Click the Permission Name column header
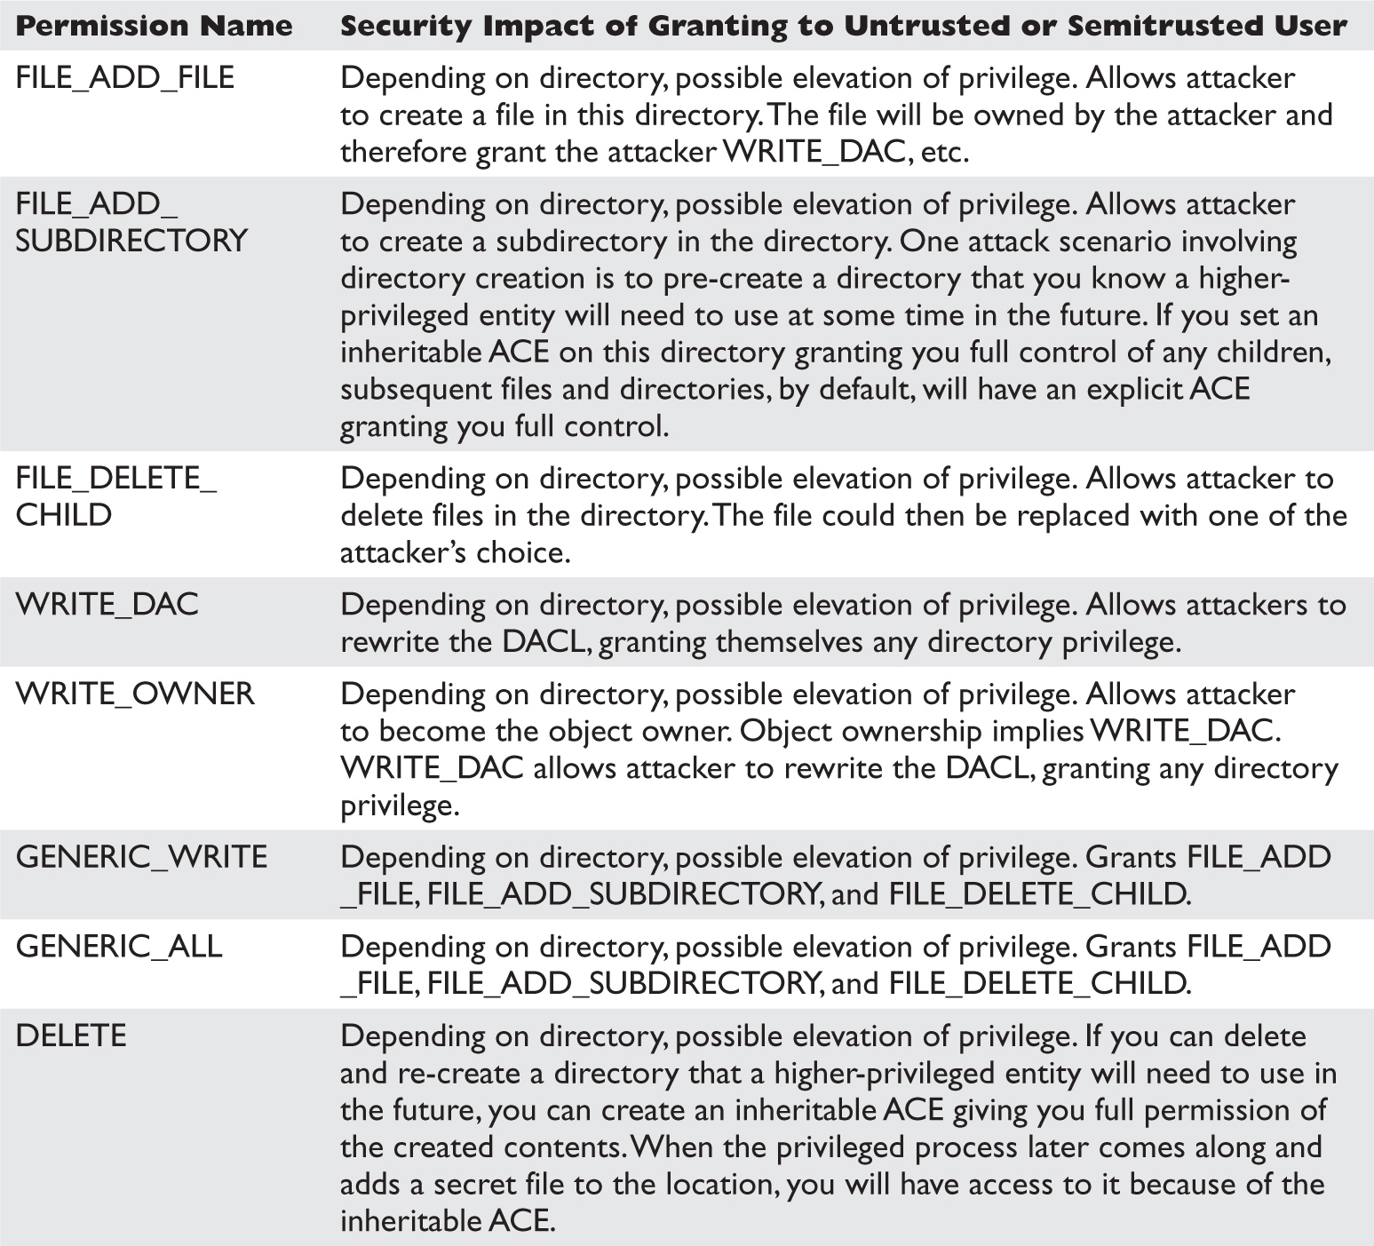[154, 26]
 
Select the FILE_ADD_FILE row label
[125, 78]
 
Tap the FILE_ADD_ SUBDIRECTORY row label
[131, 222]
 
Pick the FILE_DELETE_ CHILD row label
[115, 496]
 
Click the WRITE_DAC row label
[107, 605]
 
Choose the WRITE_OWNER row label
[135, 694]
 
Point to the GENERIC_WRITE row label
[141, 857]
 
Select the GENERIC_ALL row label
[119, 947]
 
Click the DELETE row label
[71, 1036]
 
